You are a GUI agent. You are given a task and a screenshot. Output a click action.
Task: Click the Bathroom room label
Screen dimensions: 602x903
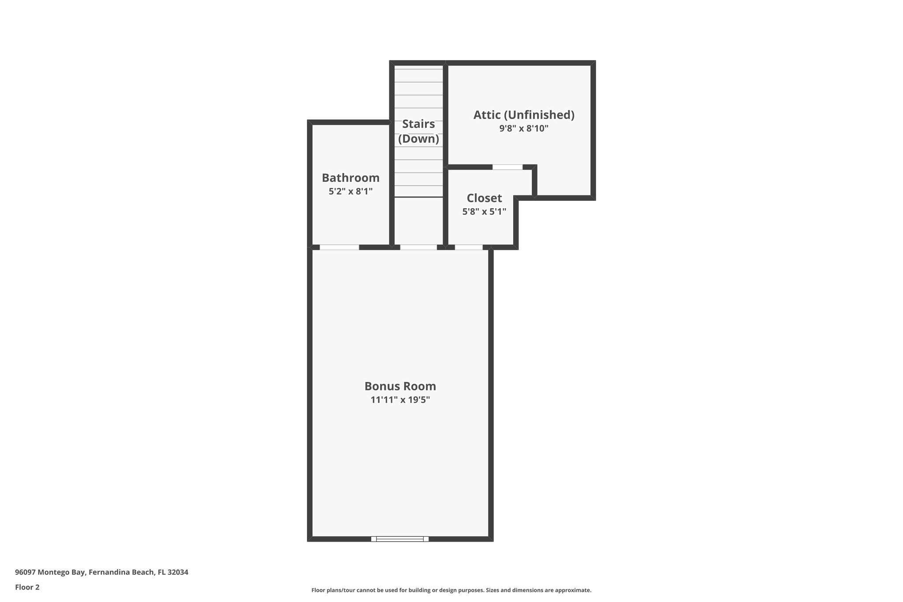[x=351, y=178]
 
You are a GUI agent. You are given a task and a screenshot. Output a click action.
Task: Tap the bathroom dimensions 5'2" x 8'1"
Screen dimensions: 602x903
[x=351, y=191]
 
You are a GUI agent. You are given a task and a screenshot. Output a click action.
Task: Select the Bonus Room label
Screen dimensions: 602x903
[x=400, y=386]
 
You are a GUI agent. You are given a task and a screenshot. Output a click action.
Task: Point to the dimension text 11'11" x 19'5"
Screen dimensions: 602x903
[x=400, y=400]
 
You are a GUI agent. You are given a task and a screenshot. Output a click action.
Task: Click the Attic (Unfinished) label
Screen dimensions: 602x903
[x=524, y=115]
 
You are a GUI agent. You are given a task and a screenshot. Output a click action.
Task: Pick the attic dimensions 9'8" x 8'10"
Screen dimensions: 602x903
[x=524, y=128]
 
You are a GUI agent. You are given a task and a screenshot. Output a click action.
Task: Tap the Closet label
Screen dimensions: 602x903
[x=484, y=198]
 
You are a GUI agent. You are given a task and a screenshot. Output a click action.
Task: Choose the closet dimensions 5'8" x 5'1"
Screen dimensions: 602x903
[x=484, y=212]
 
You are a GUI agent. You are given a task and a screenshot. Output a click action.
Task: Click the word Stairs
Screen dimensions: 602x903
[x=418, y=124]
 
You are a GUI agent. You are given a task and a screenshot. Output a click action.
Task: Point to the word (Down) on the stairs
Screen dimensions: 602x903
[x=418, y=139]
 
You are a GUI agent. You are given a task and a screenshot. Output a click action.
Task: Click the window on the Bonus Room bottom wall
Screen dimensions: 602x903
[x=400, y=538]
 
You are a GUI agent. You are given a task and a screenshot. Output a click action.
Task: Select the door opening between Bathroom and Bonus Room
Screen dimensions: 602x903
[x=339, y=247]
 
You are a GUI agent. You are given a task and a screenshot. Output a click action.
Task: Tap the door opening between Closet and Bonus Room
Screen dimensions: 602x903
[x=469, y=247]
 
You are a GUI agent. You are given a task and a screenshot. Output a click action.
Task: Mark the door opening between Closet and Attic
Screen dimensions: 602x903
[x=507, y=167]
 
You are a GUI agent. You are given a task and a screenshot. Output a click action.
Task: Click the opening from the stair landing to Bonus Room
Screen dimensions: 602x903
[x=418, y=247]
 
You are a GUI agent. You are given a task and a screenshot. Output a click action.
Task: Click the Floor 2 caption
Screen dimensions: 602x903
[x=27, y=587]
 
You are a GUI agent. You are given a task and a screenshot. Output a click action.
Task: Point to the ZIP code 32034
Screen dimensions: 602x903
[x=178, y=572]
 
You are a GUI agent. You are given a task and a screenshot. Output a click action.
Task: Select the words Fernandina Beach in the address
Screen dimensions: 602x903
[x=121, y=572]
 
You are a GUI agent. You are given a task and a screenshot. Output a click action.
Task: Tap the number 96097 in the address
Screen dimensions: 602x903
[x=26, y=572]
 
